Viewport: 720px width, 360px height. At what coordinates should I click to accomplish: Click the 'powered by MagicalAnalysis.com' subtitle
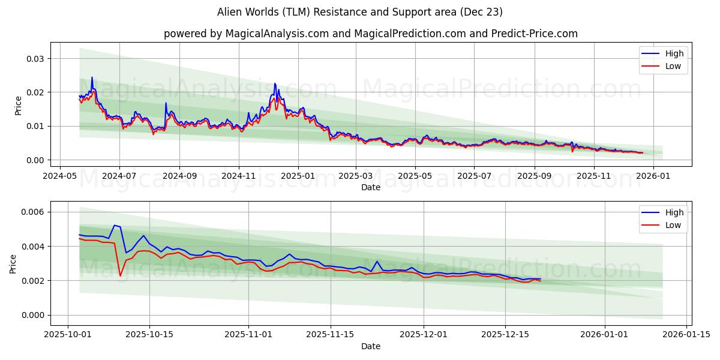(x=371, y=34)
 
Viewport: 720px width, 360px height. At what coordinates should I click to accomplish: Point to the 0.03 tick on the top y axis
(x=35, y=59)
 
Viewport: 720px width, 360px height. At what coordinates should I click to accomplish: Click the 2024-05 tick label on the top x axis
(x=59, y=176)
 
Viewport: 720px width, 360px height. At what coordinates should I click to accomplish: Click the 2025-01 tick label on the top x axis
(x=298, y=176)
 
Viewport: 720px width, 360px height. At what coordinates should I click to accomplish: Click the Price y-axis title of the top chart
(x=18, y=106)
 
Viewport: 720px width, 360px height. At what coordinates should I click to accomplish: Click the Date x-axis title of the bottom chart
(x=371, y=346)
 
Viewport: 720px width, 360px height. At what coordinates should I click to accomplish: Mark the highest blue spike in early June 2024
(x=92, y=77)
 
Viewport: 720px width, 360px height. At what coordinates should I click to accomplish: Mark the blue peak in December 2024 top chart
(x=275, y=83)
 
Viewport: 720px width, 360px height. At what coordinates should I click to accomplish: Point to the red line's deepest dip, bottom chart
(x=120, y=275)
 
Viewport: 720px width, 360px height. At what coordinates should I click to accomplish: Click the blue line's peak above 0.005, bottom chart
(x=115, y=226)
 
